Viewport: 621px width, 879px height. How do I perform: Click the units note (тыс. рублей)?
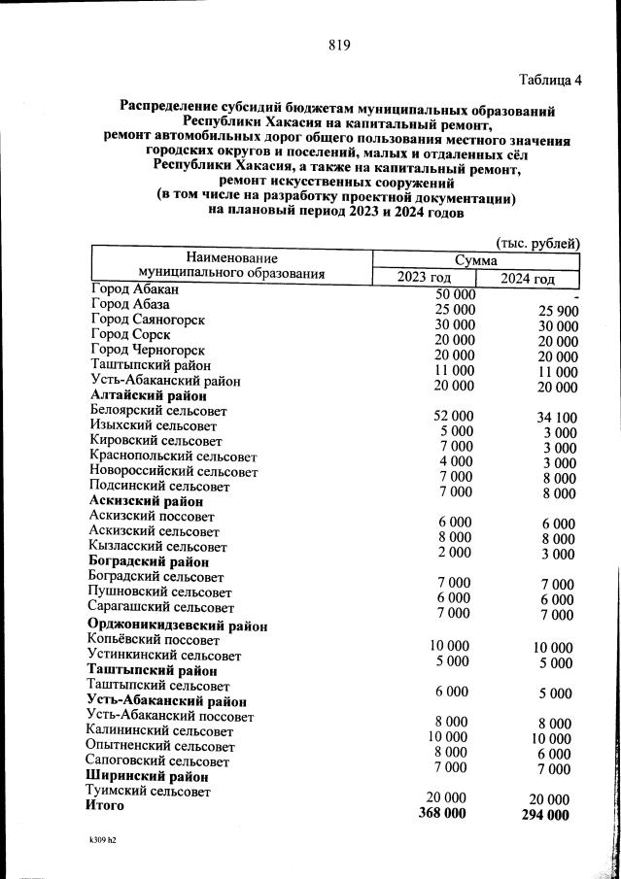[x=537, y=242]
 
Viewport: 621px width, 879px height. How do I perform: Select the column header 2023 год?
[x=424, y=278]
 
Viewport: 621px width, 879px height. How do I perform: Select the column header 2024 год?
[x=527, y=279]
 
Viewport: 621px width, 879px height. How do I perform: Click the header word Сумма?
[x=476, y=260]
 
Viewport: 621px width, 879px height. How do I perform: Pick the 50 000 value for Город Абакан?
[x=455, y=294]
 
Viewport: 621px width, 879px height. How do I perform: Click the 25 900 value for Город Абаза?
[x=557, y=311]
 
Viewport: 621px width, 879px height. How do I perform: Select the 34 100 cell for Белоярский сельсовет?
[x=556, y=419]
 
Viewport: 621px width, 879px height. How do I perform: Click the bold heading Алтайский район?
[x=148, y=395]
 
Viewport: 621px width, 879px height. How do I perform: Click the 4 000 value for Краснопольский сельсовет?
[x=455, y=460]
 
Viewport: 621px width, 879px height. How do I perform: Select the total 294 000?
[x=545, y=815]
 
